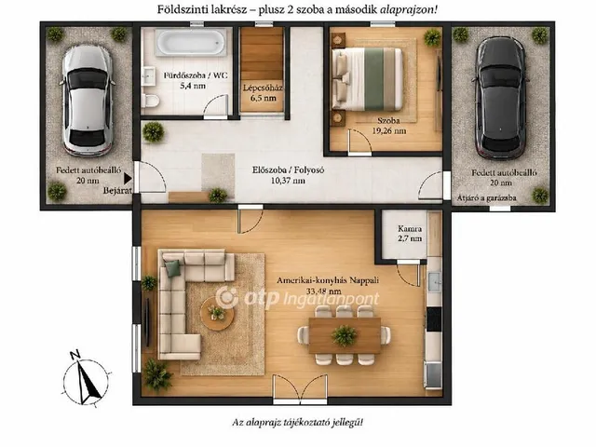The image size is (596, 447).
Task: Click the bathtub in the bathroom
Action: pos(191,42)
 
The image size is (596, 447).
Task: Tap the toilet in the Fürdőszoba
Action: pos(150,101)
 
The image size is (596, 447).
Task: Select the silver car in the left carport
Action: pos(87,101)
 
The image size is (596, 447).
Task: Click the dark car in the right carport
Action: pos(501,98)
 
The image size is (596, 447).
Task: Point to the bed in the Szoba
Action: pos(367,78)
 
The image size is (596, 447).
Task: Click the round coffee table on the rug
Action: pos(217,314)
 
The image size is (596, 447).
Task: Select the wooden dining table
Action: pos(345,335)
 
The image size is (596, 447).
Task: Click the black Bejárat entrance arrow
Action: pos(128,178)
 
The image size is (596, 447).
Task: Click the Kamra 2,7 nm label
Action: pos(410,234)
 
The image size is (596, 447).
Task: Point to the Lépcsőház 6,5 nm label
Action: pos(263,93)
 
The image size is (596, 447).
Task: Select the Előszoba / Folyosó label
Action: pos(288,169)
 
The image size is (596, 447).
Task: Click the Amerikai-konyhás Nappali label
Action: pos(328,280)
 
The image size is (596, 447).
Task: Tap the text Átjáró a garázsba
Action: pos(486,197)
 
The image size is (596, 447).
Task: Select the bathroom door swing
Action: pos(215,106)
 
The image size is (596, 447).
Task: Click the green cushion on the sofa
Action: pos(172,268)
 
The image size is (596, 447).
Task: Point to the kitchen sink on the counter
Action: pos(434,282)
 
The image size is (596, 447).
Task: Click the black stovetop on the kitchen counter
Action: pos(434,318)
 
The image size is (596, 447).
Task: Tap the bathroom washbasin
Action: pos(148,74)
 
